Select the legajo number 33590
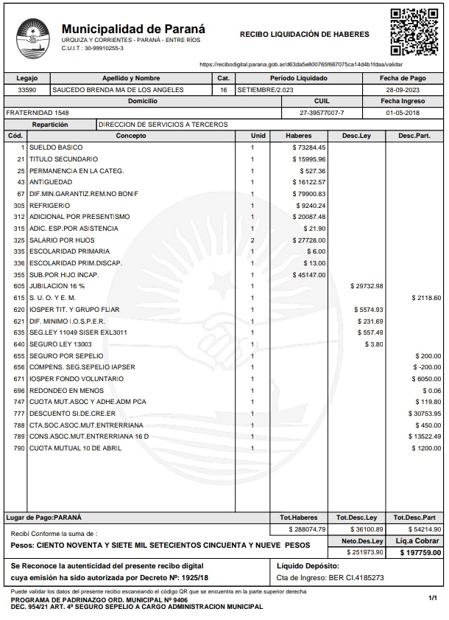[26, 90]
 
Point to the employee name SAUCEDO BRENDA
[118, 90]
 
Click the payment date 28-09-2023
[402, 90]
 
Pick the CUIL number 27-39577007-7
[322, 113]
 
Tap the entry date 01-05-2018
[402, 113]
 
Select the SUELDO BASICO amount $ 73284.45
[309, 147]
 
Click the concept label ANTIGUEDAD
[51, 181]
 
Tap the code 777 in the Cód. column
[19, 414]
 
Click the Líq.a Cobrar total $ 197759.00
[420, 552]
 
